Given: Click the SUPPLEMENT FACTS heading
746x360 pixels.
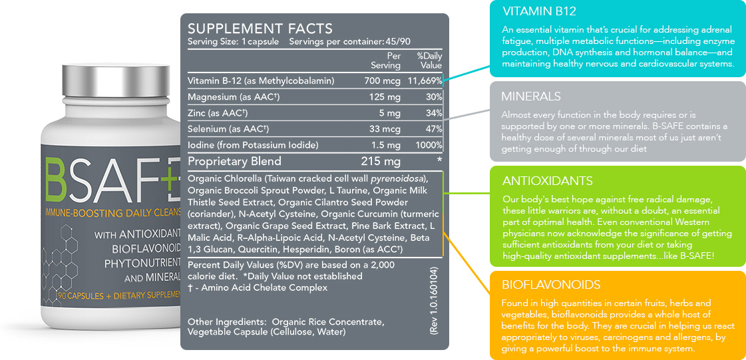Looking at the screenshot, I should (x=260, y=29).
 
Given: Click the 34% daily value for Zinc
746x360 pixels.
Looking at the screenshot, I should (x=433, y=112).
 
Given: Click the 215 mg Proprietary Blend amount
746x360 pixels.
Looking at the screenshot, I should (x=380, y=161).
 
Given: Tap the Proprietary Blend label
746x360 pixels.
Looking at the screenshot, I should (x=234, y=161).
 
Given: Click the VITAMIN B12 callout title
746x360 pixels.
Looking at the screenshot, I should (x=539, y=11).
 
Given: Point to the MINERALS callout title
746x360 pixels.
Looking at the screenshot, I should (x=531, y=96).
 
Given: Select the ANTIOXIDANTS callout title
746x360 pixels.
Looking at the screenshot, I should (x=548, y=181).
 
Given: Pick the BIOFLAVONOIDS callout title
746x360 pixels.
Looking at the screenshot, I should (x=551, y=285).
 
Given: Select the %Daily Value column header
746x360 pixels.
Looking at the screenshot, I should (x=429, y=61).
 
